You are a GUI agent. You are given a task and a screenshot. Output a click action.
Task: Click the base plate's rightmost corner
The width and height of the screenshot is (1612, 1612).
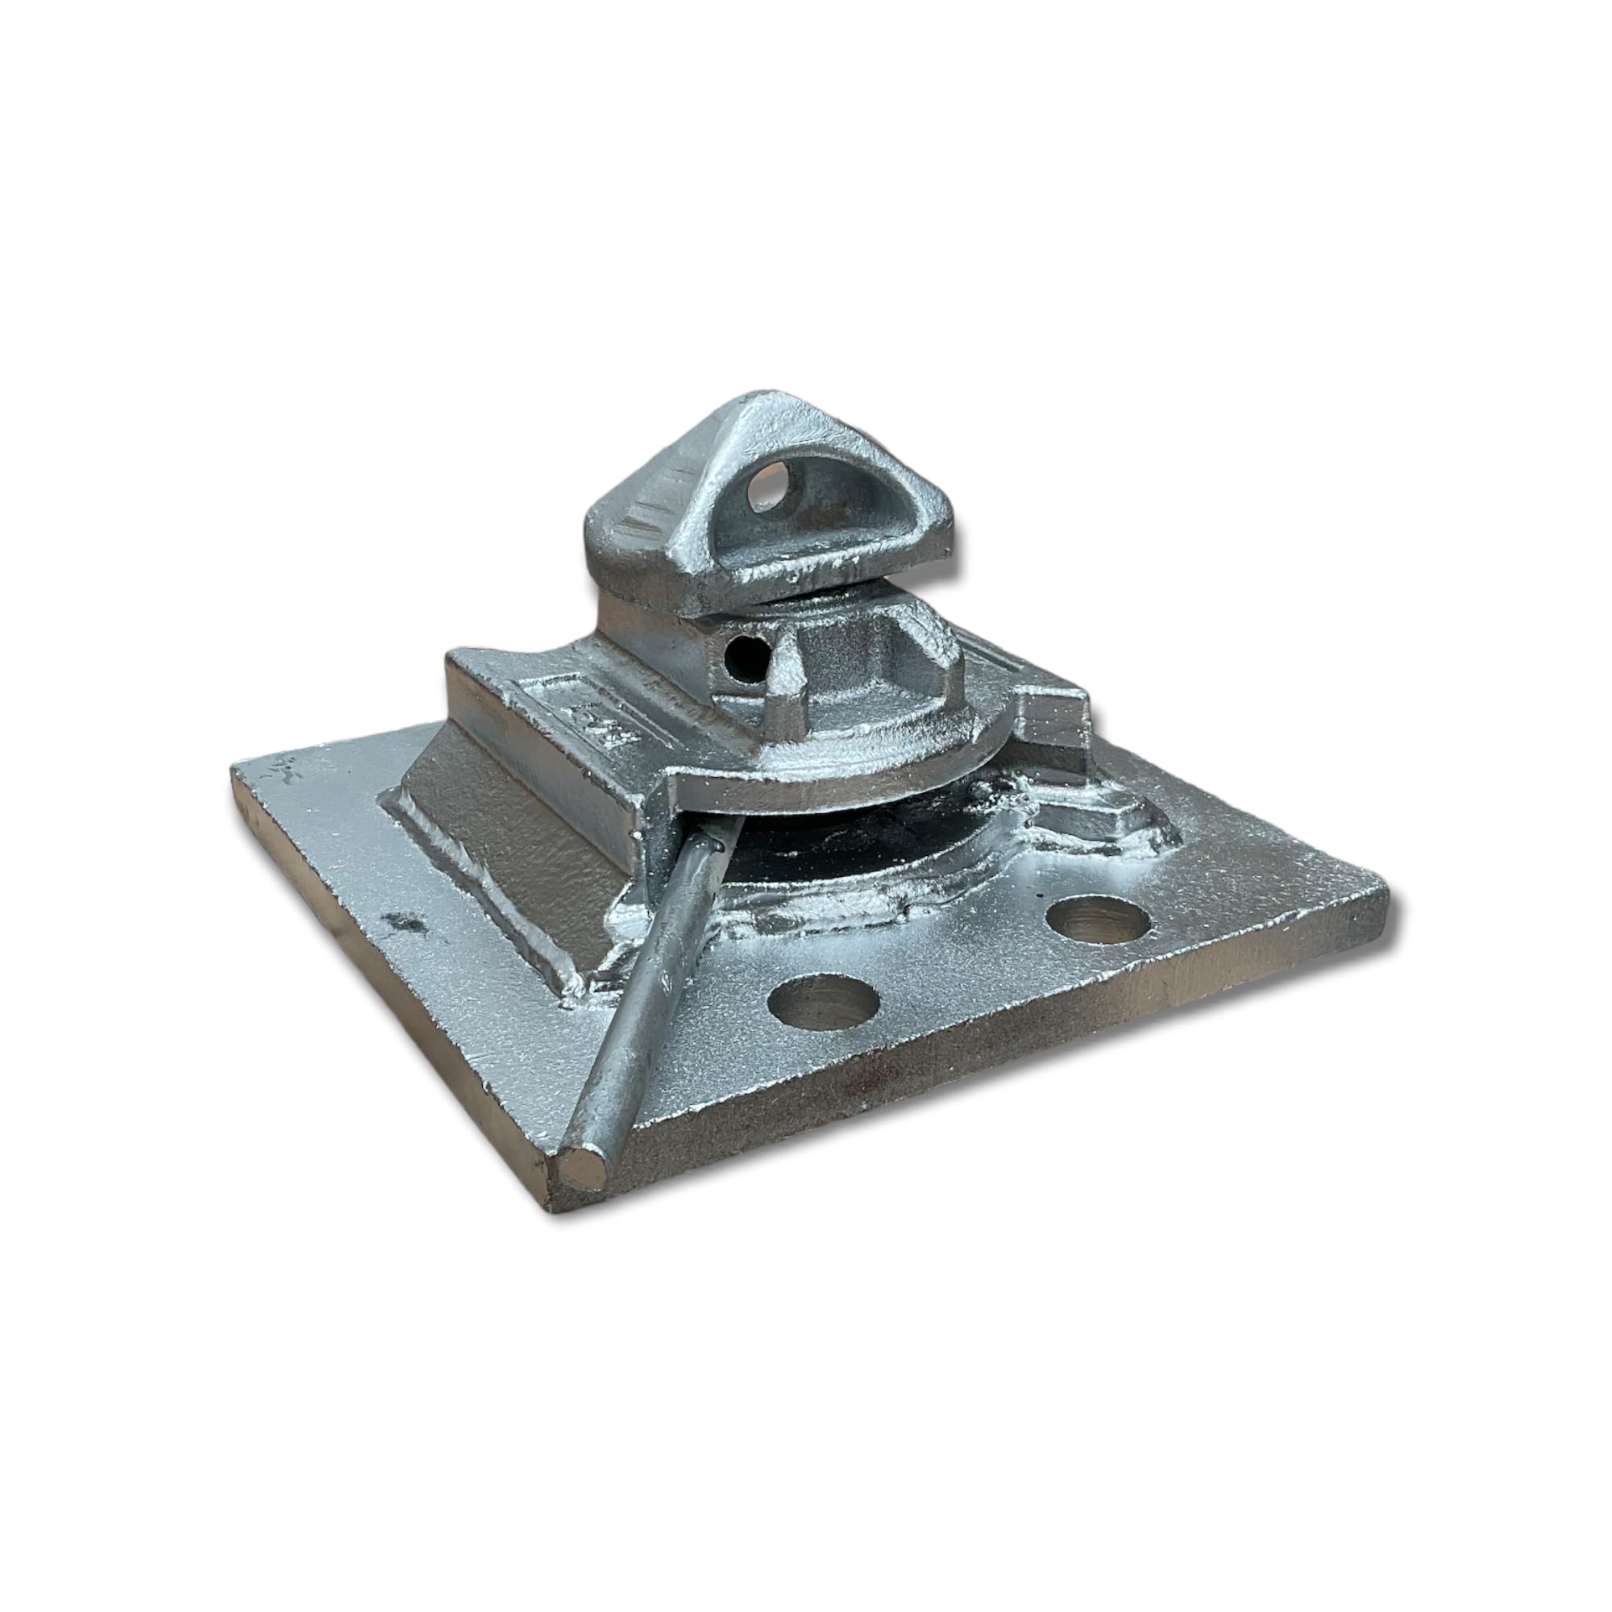coord(1386,893)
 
